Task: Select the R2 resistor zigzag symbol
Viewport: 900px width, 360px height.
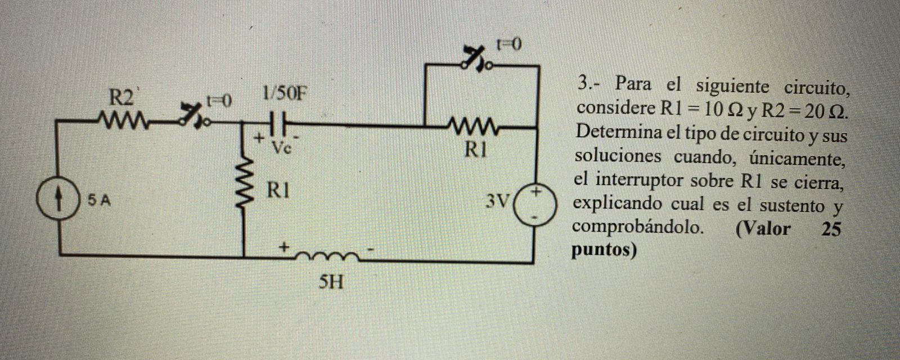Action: (120, 119)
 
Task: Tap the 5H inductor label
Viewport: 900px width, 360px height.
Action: (330, 281)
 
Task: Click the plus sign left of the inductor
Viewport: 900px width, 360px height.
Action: (285, 246)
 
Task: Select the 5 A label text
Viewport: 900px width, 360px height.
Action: (98, 200)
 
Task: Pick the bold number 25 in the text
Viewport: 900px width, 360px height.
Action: (832, 229)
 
